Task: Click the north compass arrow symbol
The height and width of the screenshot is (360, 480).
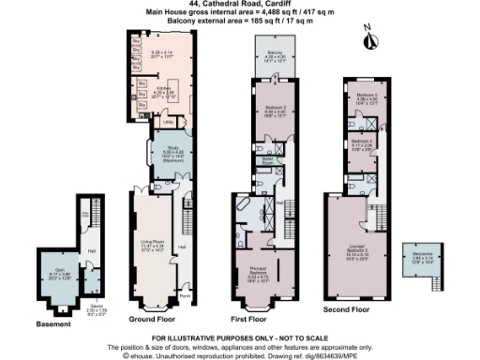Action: coord(369,41)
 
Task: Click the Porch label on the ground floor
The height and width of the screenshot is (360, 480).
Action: coord(184,293)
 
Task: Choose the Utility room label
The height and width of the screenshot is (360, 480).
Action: coord(169,122)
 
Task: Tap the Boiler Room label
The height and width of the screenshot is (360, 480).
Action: coord(267,160)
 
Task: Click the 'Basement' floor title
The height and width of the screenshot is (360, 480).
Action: coord(52,325)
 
